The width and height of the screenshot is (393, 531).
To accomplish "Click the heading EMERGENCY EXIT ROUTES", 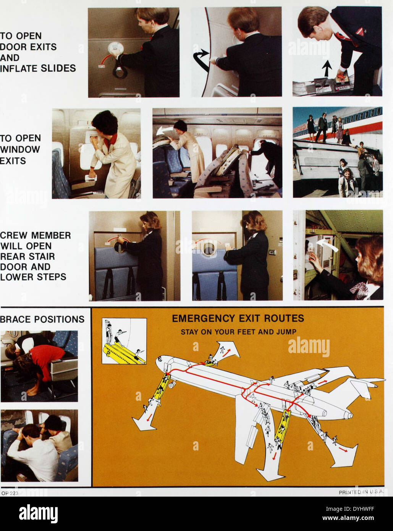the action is [x=238, y=318].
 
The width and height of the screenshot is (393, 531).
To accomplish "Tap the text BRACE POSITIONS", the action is [x=42, y=319].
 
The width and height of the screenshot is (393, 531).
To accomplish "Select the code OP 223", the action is [x=10, y=493].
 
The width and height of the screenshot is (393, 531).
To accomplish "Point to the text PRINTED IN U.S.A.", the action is [x=361, y=492].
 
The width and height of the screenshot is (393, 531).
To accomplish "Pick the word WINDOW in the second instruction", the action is [x=20, y=149].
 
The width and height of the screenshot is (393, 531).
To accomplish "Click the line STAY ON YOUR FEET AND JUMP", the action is [x=238, y=332].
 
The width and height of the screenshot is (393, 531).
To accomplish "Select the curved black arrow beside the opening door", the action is [x=201, y=59].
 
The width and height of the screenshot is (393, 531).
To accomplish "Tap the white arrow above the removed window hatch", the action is [x=165, y=131].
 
